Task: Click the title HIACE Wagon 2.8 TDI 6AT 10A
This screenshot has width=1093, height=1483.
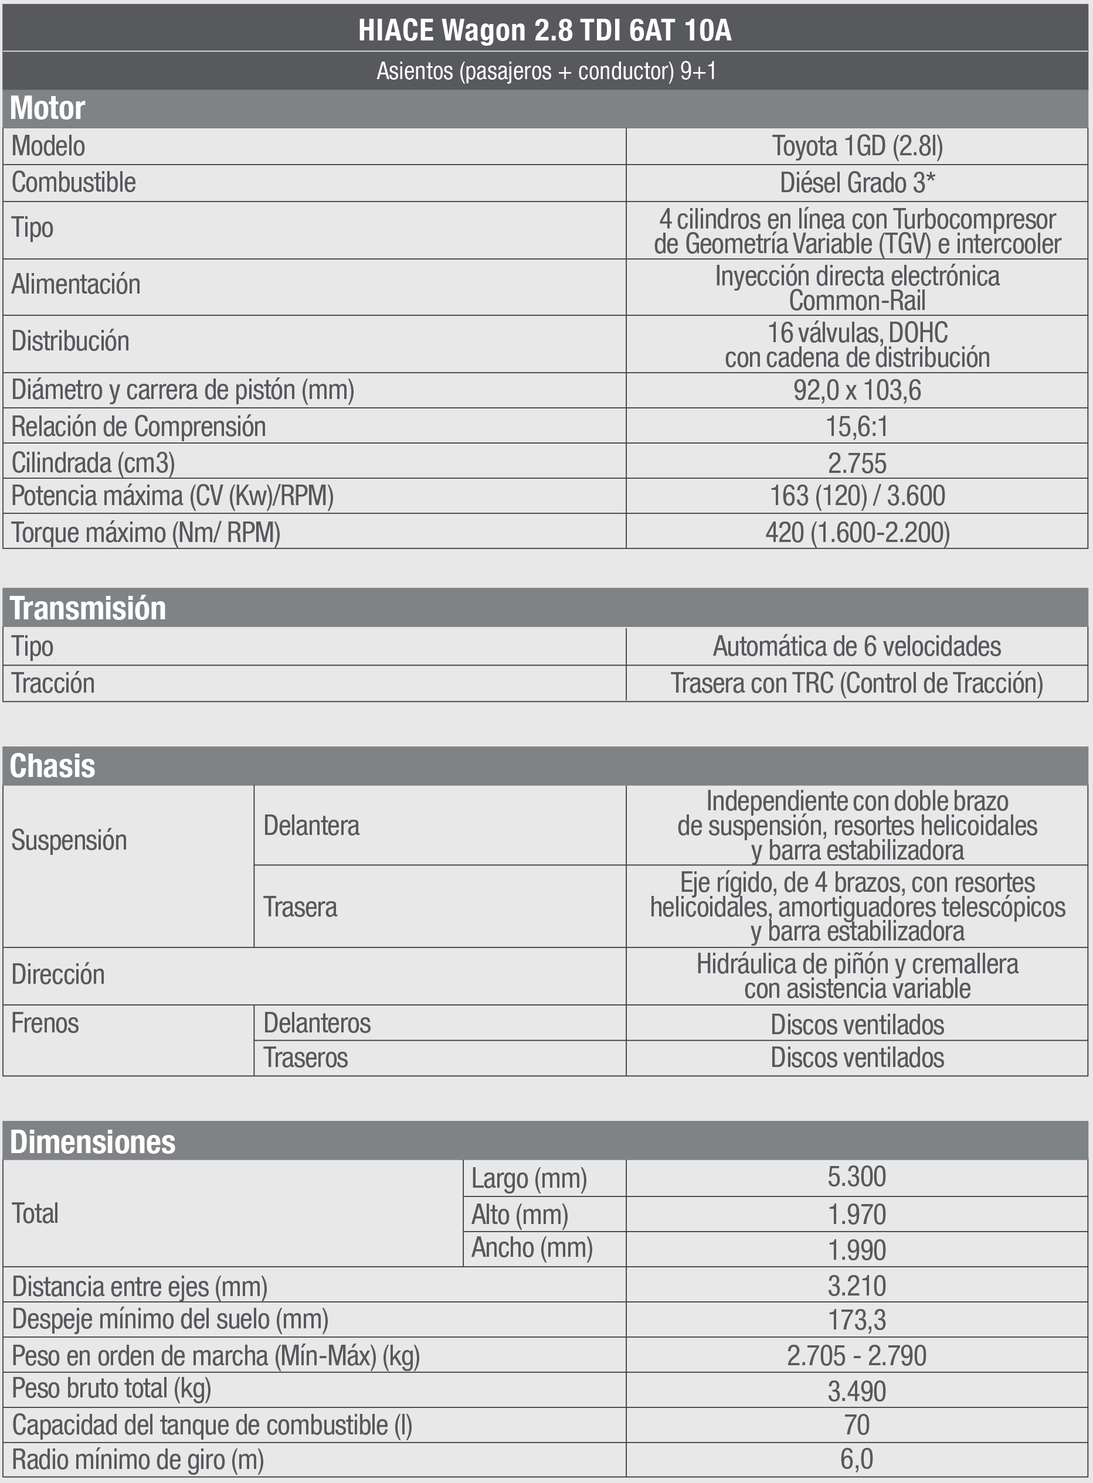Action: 545,30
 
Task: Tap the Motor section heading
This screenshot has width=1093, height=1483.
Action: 47,108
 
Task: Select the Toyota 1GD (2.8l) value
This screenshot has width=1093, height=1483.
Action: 857,146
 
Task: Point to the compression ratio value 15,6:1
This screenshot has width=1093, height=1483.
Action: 857,427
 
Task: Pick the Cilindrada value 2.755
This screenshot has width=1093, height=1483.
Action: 857,463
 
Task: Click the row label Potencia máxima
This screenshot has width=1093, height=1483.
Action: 172,496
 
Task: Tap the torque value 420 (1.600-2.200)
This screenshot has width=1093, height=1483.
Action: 857,532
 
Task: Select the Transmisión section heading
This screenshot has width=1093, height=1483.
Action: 88,608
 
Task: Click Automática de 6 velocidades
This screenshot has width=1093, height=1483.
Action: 857,646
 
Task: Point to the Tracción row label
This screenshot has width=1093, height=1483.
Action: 53,683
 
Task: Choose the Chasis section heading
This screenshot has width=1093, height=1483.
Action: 53,766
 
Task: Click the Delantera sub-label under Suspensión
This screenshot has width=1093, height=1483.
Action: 311,826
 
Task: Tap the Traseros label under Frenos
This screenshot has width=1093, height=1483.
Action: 305,1058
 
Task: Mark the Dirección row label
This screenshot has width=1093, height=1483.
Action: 58,974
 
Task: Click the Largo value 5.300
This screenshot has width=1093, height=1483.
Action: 857,1177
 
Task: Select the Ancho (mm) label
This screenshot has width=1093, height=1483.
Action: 531,1248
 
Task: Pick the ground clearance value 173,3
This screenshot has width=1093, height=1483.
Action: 857,1320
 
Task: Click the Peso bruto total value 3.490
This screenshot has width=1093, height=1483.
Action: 857,1391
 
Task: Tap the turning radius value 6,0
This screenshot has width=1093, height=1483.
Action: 857,1459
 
